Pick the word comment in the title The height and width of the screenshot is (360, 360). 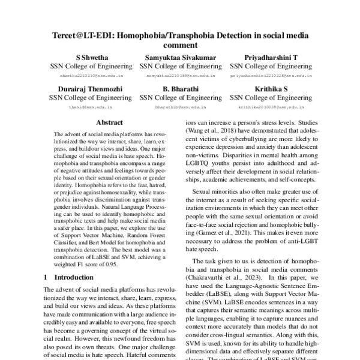[x=179, y=45]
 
